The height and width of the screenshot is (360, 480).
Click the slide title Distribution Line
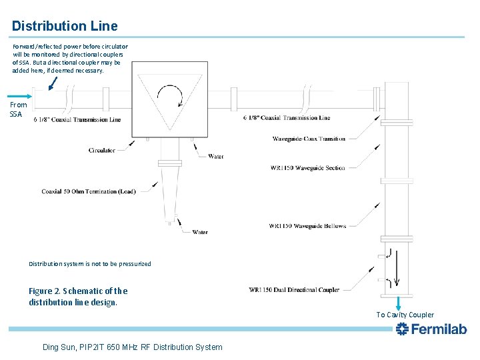[x=65, y=26]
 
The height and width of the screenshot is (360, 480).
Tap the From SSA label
[x=19, y=109]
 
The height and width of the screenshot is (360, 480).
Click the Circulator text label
[x=101, y=151]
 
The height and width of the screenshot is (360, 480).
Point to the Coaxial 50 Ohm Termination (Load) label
[x=88, y=191]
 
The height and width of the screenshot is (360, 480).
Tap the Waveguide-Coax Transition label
[x=309, y=139]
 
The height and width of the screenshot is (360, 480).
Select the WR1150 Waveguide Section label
[x=307, y=168]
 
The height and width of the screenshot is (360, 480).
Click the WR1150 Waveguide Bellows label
[x=307, y=226]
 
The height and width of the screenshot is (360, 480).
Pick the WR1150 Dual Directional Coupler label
[x=294, y=290]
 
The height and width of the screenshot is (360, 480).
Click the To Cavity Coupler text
[x=405, y=315]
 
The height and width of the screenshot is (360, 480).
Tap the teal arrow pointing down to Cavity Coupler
[x=399, y=302]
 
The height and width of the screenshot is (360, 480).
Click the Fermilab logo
[x=431, y=329]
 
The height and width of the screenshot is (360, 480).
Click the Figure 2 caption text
[x=78, y=297]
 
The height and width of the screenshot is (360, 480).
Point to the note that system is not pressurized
[x=90, y=264]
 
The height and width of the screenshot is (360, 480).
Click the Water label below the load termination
[x=199, y=233]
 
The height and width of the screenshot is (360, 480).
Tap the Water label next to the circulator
[x=215, y=157]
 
